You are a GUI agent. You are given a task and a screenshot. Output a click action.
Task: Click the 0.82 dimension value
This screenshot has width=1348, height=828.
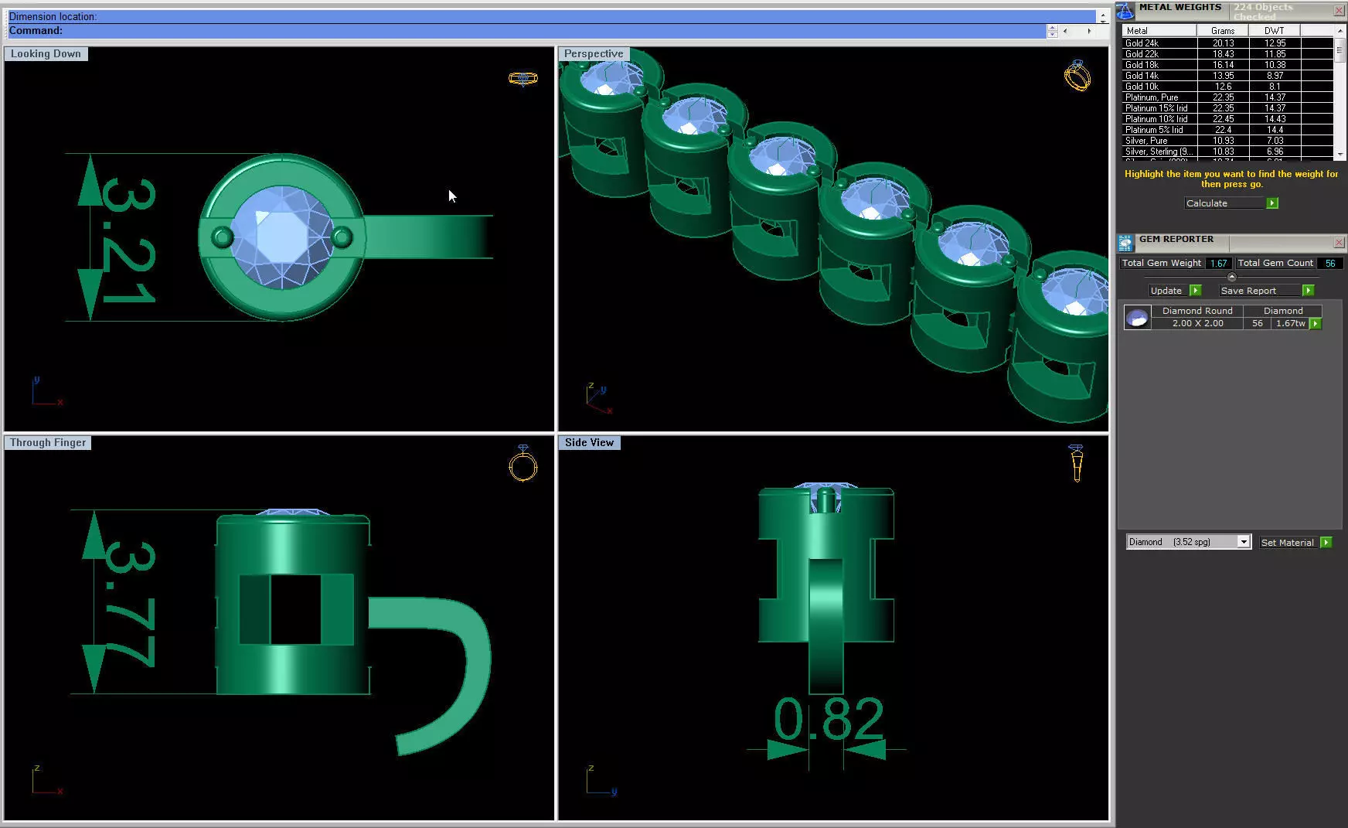pyautogui.click(x=828, y=720)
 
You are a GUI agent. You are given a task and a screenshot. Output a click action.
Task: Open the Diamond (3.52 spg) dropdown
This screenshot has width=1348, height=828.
pyautogui.click(x=1243, y=542)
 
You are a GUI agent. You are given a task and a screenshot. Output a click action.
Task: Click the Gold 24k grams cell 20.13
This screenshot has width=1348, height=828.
pyautogui.click(x=1223, y=43)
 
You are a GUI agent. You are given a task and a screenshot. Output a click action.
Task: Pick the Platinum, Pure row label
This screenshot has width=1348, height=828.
pyautogui.click(x=1152, y=97)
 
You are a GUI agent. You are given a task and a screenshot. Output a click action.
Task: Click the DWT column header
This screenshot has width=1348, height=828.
pyautogui.click(x=1274, y=31)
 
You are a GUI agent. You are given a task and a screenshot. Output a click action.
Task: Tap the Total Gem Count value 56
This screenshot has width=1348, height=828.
pyautogui.click(x=1329, y=264)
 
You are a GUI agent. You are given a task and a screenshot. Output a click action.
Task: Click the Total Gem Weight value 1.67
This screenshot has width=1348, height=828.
pyautogui.click(x=1218, y=264)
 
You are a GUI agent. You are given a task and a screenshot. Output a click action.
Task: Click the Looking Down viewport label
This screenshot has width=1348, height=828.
pyautogui.click(x=46, y=54)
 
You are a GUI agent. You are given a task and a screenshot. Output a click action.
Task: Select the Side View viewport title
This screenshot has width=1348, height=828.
pyautogui.click(x=589, y=443)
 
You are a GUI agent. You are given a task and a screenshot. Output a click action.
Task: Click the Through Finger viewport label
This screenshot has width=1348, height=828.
pyautogui.click(x=48, y=443)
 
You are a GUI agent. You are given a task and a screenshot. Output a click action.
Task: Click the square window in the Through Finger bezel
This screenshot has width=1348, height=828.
pyautogui.click(x=295, y=609)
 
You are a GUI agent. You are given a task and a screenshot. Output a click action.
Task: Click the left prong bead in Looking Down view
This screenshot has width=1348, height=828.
pyautogui.click(x=223, y=237)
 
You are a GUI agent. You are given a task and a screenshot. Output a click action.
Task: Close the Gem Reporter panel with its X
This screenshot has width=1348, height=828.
pyautogui.click(x=1339, y=243)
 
